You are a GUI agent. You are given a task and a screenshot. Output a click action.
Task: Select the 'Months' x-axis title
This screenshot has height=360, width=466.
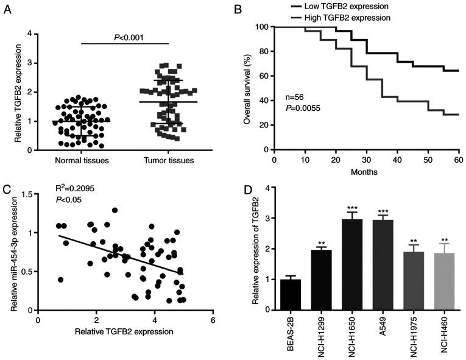[364, 172]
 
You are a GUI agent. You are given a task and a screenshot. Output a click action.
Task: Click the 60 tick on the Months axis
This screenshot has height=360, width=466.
[458, 160]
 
